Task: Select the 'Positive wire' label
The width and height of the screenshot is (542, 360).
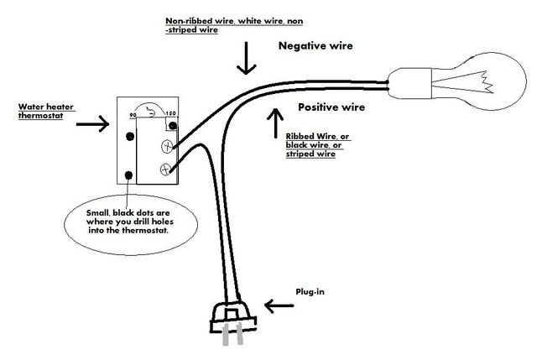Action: [332, 108]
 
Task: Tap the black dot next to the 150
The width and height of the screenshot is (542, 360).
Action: [173, 126]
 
